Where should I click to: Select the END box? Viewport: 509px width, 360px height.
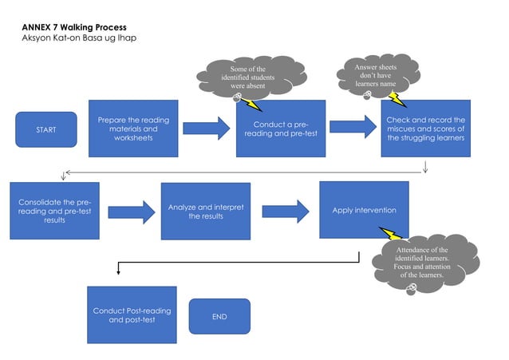(219, 316)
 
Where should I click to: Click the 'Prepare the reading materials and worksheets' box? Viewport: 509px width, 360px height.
(128, 128)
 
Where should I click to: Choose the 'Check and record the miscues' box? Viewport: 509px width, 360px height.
(425, 129)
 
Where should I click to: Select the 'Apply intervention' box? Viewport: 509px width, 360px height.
(364, 210)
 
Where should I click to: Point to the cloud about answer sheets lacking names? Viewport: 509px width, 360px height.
(375, 75)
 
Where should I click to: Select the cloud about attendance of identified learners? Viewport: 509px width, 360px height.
(421, 262)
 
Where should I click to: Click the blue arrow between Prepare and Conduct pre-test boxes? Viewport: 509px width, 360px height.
(205, 128)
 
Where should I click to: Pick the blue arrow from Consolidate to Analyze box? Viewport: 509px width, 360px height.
(131, 212)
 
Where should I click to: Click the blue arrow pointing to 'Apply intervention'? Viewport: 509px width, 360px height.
(285, 212)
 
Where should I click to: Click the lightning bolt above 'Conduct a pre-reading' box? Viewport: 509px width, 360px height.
(253, 104)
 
